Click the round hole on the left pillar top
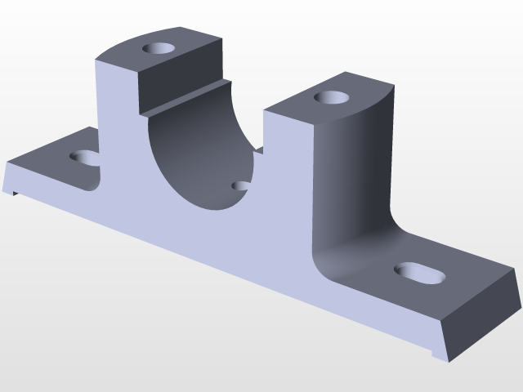click(x=159, y=48)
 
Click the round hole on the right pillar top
click(x=332, y=98)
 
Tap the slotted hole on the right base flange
click(x=421, y=273)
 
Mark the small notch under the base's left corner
click(x=16, y=193)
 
